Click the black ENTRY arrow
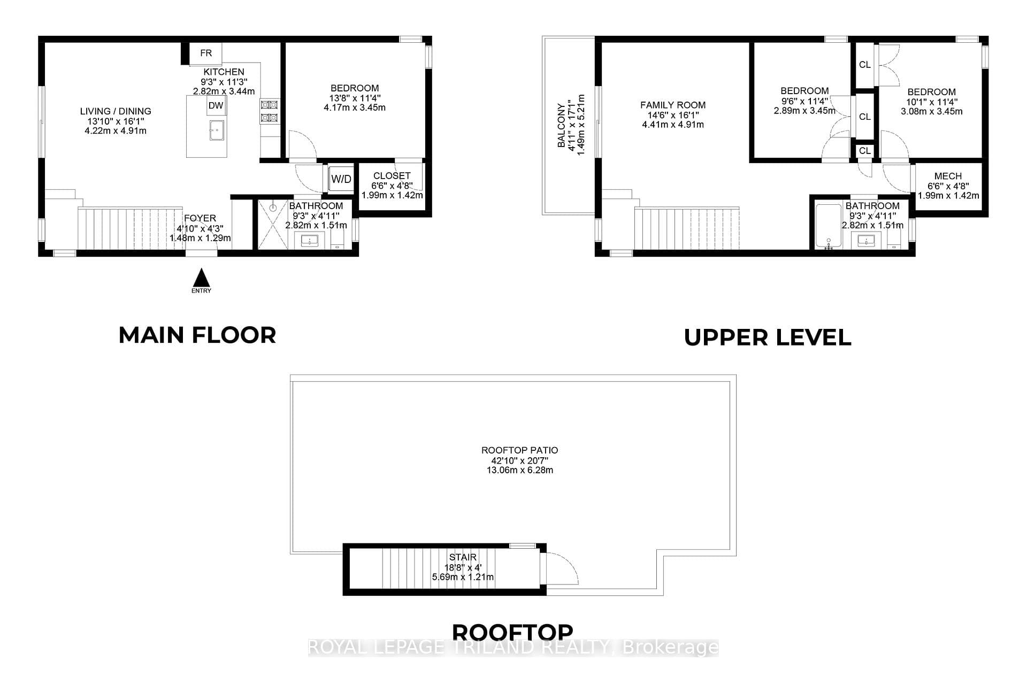(x=201, y=278)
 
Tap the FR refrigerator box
(x=206, y=53)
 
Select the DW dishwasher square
(x=216, y=105)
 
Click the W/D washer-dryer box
(x=341, y=179)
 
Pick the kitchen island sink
(x=217, y=130)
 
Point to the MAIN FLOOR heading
(x=197, y=335)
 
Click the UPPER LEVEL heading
(x=768, y=337)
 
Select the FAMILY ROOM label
(x=673, y=105)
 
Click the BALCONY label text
(x=562, y=125)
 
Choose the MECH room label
(x=948, y=176)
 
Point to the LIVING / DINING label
(x=116, y=111)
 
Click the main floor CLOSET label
(x=392, y=175)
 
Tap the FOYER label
(x=200, y=218)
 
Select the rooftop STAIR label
(x=463, y=557)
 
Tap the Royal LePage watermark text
(x=513, y=648)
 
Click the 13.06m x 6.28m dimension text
(x=519, y=470)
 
